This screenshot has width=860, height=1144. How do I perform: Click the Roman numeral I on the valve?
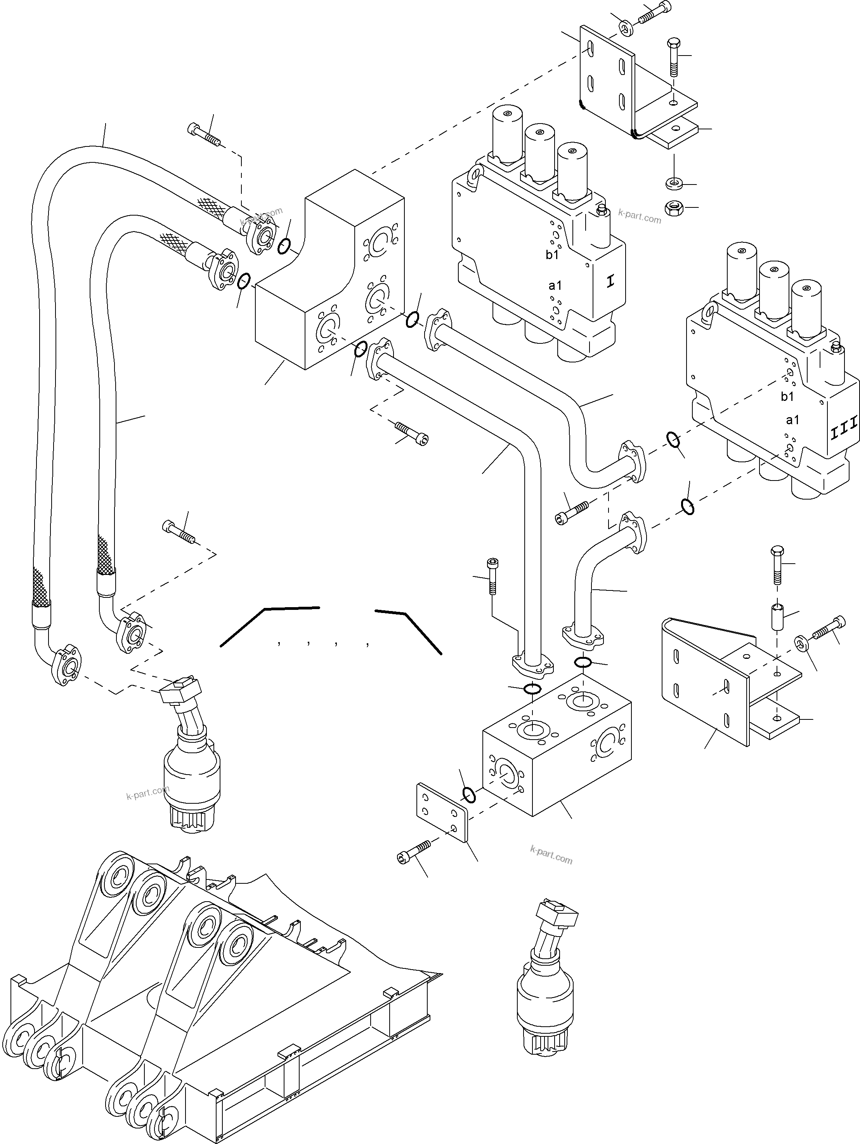tap(610, 282)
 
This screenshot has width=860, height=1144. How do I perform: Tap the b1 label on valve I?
tap(552, 254)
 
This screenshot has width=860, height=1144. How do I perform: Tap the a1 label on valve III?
tap(792, 420)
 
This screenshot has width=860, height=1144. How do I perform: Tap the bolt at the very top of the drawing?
tap(655, 13)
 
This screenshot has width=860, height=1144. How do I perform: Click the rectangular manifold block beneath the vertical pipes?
tap(556, 745)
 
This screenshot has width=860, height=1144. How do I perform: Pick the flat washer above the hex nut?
tap(673, 183)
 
